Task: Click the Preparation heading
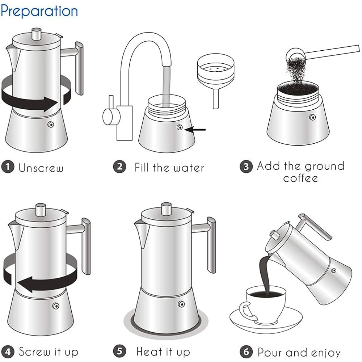[x=39, y=11]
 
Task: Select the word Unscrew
[x=41, y=168]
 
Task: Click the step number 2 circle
[x=119, y=167]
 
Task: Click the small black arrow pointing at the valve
[x=197, y=129]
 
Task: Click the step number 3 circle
[x=246, y=167]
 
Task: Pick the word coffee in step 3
[x=300, y=178]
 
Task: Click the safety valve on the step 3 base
[x=312, y=117]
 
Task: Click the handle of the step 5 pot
[x=210, y=243]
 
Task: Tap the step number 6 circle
[x=246, y=352]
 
